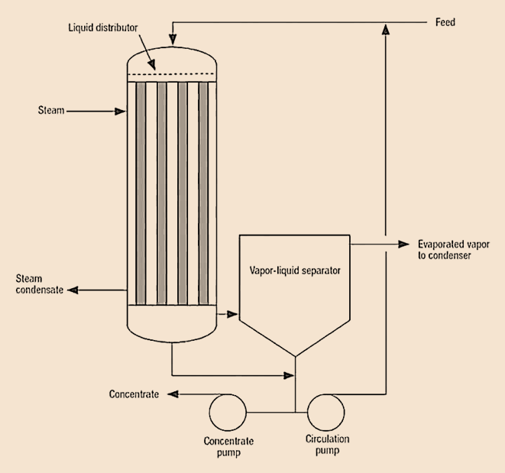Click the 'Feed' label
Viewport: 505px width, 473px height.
tap(445, 22)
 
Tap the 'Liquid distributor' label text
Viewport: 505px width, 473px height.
tap(103, 28)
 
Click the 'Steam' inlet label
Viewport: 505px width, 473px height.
tap(51, 110)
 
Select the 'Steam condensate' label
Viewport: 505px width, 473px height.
tap(39, 284)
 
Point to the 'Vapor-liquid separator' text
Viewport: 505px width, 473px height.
tap(295, 271)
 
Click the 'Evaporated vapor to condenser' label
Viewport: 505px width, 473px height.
tap(454, 250)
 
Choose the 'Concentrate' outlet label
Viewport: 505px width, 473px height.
tap(134, 394)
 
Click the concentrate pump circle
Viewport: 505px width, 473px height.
tap(228, 413)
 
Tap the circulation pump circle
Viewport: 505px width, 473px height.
tap(325, 413)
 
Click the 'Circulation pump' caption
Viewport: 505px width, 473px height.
tap(327, 444)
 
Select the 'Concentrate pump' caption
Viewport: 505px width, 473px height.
tap(228, 446)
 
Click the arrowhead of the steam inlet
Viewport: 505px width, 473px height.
tap(120, 112)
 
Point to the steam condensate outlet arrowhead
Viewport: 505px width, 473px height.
tap(73, 290)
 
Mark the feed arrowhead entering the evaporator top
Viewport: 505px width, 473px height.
tap(173, 39)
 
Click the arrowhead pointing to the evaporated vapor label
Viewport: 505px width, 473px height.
tap(403, 245)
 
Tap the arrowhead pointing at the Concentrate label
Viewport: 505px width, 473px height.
tap(173, 394)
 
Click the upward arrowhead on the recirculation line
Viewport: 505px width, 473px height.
tap(386, 29)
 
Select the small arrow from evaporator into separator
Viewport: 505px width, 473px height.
tap(228, 314)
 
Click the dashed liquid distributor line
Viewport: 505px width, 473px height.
tap(171, 74)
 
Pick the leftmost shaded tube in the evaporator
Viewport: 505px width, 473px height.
tap(141, 193)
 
